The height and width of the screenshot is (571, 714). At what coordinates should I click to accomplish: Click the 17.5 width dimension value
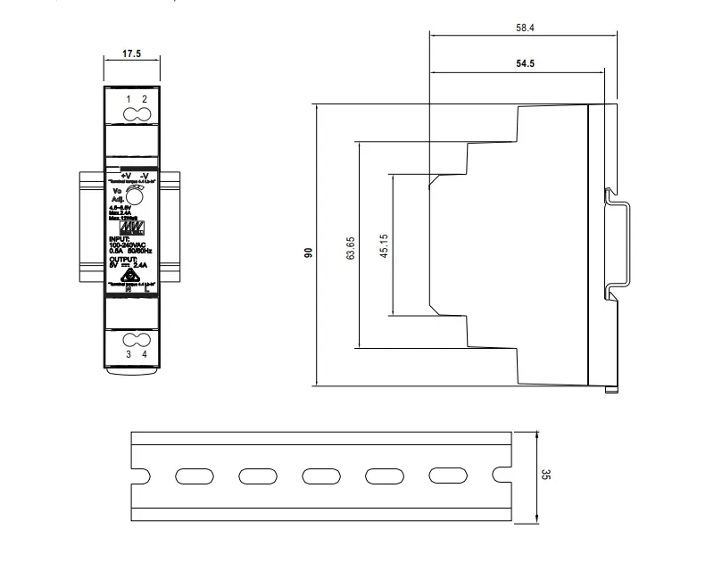pos(131,54)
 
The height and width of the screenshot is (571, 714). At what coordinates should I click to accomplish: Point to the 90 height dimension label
pos(309,253)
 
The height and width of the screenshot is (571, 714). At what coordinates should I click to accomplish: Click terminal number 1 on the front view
pos(129,98)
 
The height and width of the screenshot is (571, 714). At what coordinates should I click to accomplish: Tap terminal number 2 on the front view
pos(144,98)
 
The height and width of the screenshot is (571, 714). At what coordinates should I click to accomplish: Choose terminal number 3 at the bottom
pos(129,354)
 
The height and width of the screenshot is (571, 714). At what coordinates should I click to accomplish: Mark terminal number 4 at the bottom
pos(144,354)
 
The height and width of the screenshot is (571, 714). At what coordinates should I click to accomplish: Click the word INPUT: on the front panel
pos(120,239)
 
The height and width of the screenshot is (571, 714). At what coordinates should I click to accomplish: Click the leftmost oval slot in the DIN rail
pos(189,476)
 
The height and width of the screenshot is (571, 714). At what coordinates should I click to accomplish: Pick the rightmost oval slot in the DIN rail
pos(444,476)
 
